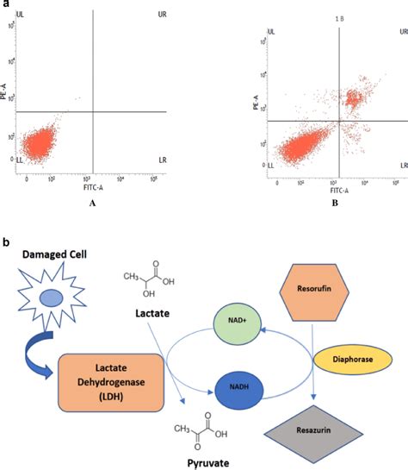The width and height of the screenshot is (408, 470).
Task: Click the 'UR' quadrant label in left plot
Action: coord(161,15)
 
